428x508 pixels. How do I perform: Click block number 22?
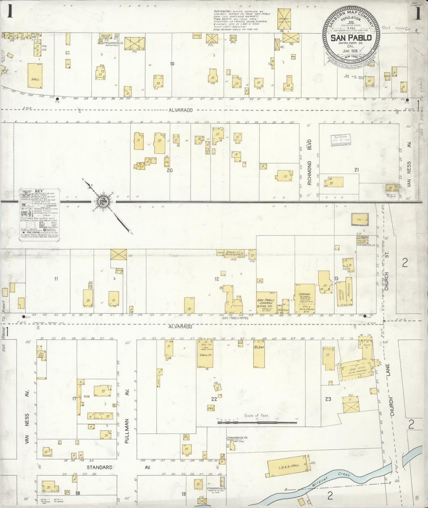(214, 399)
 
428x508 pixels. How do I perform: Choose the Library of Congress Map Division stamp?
(341, 140)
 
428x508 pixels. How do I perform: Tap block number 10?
(172, 64)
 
